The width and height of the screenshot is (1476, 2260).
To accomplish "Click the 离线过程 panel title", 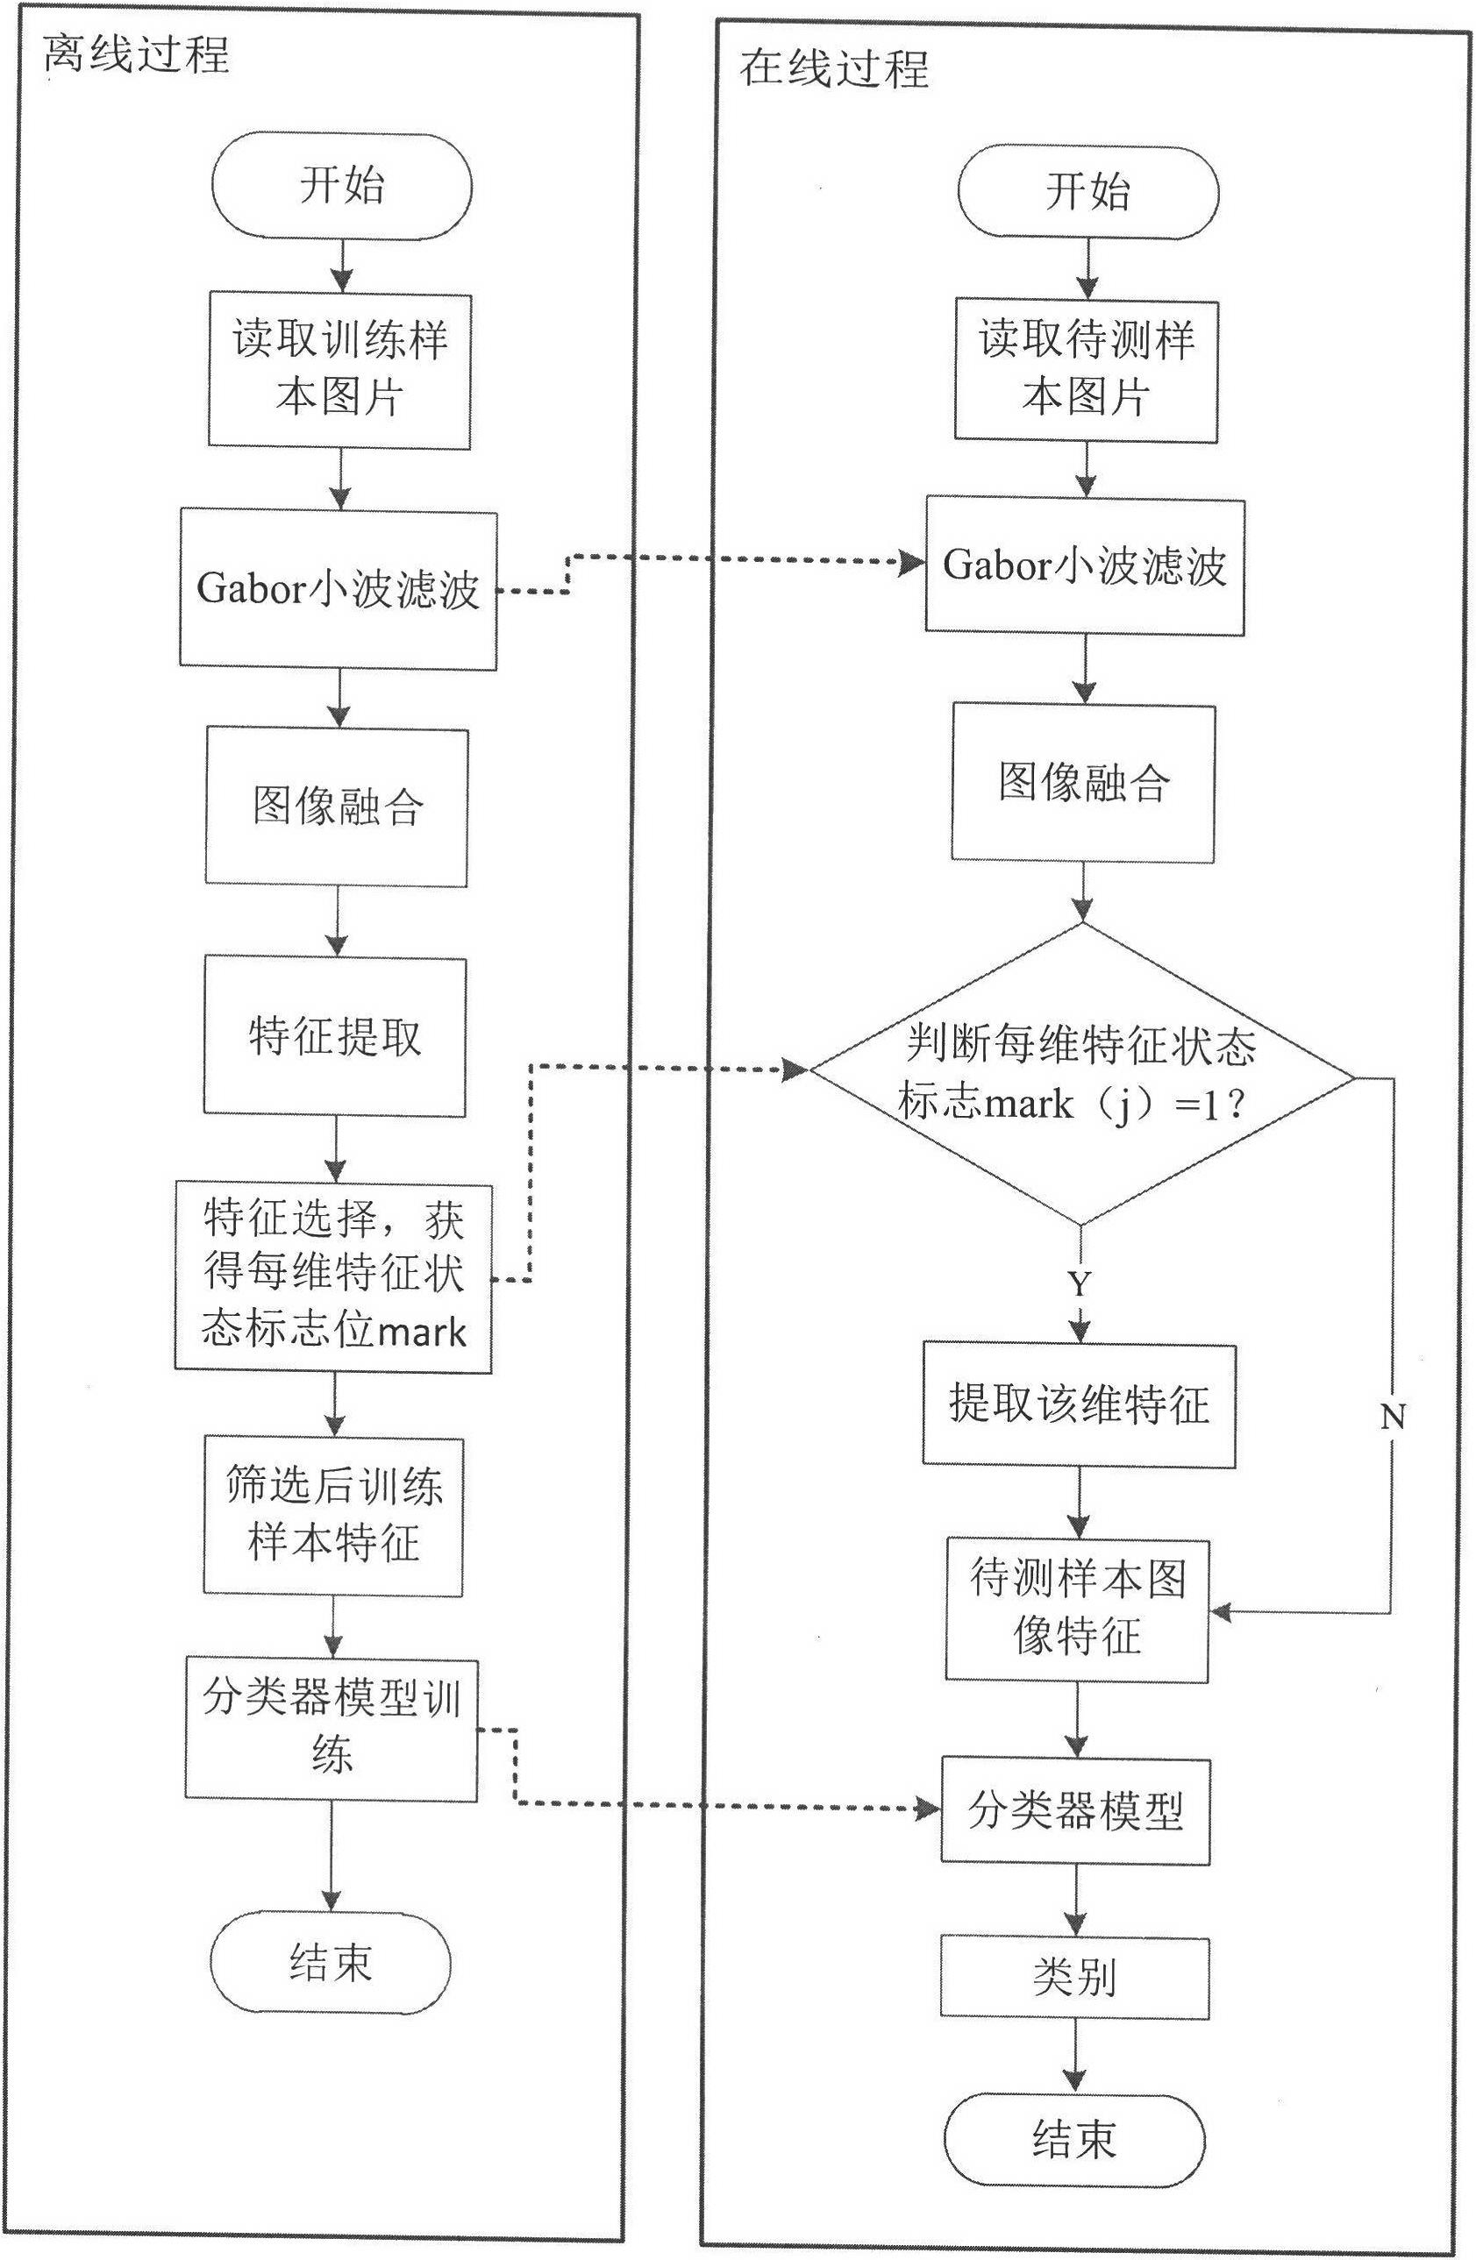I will click(x=137, y=56).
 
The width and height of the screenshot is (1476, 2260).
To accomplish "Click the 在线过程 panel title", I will click(x=834, y=69).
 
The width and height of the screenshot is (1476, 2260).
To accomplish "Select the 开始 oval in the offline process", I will click(x=341, y=185).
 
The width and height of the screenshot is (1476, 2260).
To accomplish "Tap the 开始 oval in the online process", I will click(x=1087, y=192).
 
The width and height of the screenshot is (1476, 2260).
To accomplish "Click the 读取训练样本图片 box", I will click(x=340, y=369).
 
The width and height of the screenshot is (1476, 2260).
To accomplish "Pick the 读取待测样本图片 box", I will click(x=1087, y=368).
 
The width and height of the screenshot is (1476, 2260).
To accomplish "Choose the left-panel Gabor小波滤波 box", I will click(x=339, y=590).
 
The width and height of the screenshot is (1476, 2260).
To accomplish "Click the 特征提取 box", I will click(x=334, y=1036).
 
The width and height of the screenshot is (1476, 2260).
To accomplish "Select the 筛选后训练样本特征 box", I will click(x=333, y=1515).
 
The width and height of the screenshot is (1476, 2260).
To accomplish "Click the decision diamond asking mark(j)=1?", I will click(x=1080, y=1074).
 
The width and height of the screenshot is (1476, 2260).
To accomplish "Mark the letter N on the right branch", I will click(x=1392, y=1418).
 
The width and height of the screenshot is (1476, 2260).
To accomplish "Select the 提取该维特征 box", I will click(x=1079, y=1404).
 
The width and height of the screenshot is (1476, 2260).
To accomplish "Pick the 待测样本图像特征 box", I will click(x=1077, y=1609).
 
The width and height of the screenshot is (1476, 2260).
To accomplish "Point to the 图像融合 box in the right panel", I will click(x=1084, y=784).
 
